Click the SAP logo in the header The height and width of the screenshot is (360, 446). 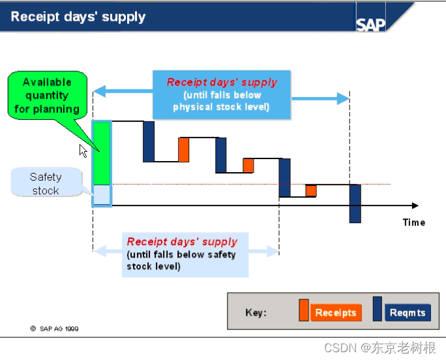pyautogui.click(x=371, y=24)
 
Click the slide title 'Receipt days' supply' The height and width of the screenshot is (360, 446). pyautogui.click(x=78, y=17)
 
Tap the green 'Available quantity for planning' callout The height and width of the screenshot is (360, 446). pyautogui.click(x=47, y=96)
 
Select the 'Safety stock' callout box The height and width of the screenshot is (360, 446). pyautogui.click(x=46, y=183)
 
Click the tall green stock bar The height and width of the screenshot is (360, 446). pyautogui.click(x=102, y=153)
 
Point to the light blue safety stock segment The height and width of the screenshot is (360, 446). pyautogui.click(x=102, y=194)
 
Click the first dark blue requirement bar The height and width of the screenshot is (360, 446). pyautogui.click(x=149, y=141)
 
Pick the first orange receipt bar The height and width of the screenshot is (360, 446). pyautogui.click(x=184, y=149)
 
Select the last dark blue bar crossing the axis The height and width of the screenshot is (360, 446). pyautogui.click(x=355, y=203)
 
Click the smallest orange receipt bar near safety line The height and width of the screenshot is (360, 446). pyautogui.click(x=311, y=190)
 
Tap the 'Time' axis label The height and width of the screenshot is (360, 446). pyautogui.click(x=413, y=222)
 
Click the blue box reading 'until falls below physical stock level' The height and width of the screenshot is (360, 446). pyautogui.click(x=221, y=95)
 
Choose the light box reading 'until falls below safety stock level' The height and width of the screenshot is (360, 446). pyautogui.click(x=185, y=254)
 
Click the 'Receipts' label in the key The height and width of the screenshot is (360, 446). pyautogui.click(x=335, y=312)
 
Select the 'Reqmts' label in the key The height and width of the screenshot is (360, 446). pyautogui.click(x=407, y=312)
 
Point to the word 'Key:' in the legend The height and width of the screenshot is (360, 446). pyautogui.click(x=256, y=312)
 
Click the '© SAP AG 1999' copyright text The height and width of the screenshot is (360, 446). pyautogui.click(x=55, y=329)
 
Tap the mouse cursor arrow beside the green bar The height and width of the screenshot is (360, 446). pyautogui.click(x=83, y=150)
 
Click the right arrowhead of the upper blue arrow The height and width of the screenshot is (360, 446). pyautogui.click(x=344, y=98)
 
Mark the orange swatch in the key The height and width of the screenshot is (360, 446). pyautogui.click(x=303, y=310)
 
